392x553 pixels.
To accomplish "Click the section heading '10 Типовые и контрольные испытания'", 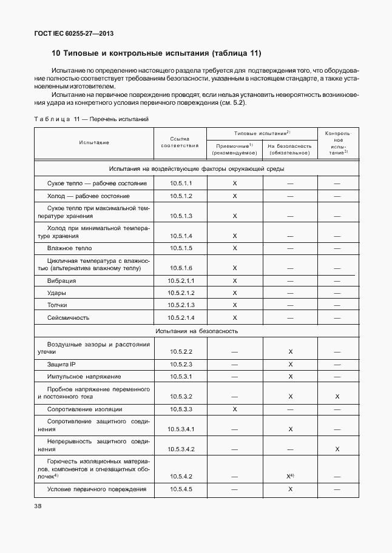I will point(156,53).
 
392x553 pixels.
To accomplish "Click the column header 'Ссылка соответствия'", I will point(180,142).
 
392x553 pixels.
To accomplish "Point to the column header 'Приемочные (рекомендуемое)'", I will point(234,150).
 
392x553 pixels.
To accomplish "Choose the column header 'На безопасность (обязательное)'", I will point(289,150).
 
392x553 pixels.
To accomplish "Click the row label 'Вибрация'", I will point(61,281).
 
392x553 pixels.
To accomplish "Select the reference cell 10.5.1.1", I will point(181,183).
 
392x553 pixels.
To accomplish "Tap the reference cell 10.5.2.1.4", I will point(181,317).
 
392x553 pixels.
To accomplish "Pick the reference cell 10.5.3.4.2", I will point(181,449).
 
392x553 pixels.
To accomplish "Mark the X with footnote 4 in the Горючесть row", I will point(291,476).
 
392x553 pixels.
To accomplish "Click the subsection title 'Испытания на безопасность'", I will point(197,331).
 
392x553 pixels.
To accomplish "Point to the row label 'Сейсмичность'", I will point(68,317).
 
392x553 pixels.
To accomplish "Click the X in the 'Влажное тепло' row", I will point(234,248).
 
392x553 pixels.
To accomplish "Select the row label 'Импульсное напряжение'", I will point(79,377).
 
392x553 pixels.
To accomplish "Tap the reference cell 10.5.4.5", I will point(181,489).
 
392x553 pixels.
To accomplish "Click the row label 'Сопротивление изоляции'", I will point(81,409).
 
